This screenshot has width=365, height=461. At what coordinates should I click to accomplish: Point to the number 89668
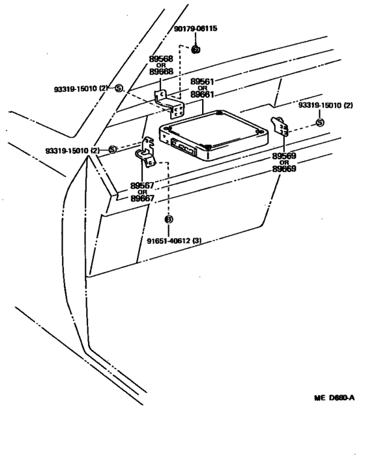[x=161, y=71]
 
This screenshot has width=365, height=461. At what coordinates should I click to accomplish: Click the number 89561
[x=202, y=82]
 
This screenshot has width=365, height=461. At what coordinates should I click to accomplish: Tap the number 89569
[x=284, y=156]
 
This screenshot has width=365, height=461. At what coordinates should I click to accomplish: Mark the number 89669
[x=284, y=168]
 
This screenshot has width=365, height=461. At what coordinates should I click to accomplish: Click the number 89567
[x=143, y=185]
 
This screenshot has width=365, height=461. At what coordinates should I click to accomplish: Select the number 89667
[x=143, y=198]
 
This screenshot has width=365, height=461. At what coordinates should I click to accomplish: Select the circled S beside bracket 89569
[x=319, y=123]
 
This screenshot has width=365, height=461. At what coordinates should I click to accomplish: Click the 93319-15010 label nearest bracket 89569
[x=326, y=105]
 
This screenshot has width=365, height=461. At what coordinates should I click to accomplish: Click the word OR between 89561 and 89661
[x=202, y=88]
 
